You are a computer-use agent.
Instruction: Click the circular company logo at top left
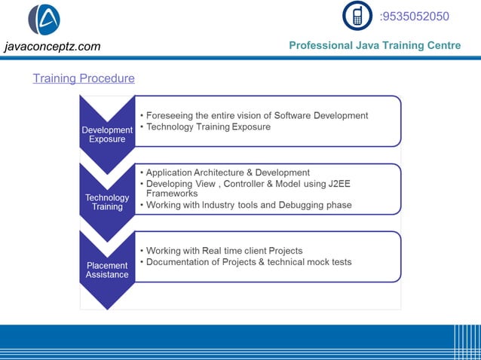point(44,20)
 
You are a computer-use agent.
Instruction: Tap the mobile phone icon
point(357,16)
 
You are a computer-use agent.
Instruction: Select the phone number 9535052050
point(415,17)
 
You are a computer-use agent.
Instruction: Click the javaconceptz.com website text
point(52,47)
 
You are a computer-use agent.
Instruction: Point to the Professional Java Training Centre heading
point(375,46)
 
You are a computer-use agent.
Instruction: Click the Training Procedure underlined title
point(84,78)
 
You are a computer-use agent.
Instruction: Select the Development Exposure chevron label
point(107,134)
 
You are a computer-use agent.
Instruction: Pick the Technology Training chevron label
point(107,202)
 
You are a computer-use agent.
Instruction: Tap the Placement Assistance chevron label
point(107,270)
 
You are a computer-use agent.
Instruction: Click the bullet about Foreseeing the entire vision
point(256,115)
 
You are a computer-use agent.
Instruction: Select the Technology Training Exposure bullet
point(208,127)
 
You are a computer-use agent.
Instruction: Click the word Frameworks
point(171,194)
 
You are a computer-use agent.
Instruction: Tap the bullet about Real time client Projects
point(224,250)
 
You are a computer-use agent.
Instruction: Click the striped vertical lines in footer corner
point(466,343)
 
